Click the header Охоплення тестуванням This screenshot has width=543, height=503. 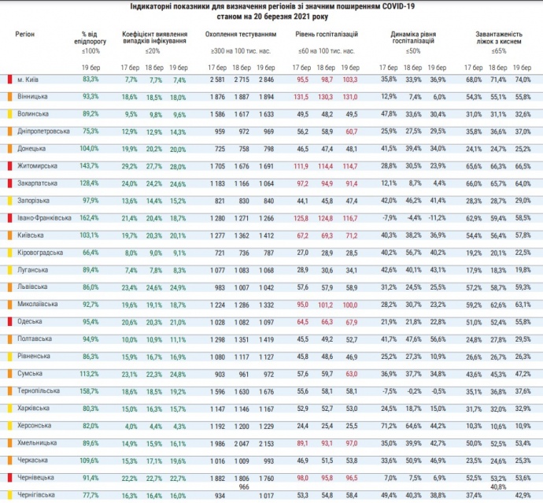click(240, 35)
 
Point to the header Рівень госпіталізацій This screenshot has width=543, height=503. click(327, 35)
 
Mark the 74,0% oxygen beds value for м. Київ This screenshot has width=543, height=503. click(522, 80)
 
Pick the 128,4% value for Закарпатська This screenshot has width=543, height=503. click(90, 183)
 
